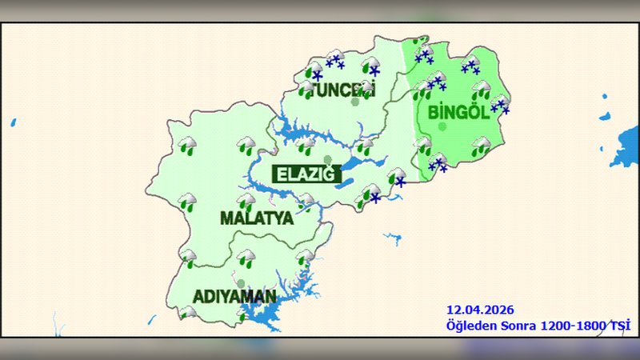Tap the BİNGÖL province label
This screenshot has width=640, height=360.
click(x=458, y=112)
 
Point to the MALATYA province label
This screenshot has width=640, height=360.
click(x=256, y=218)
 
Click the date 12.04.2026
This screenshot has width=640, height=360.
click(x=480, y=310)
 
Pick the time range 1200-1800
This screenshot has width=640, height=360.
click(x=574, y=325)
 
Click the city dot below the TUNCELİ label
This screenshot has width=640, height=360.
click(x=354, y=102)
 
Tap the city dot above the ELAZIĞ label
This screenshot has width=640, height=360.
click(x=327, y=159)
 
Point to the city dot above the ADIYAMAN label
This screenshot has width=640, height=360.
click(x=240, y=283)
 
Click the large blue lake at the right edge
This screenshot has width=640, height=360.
click(x=625, y=147)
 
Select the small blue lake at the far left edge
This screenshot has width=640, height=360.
click(x=13, y=123)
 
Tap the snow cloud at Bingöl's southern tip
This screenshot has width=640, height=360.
click(x=437, y=163)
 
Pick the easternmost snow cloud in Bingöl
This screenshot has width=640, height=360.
click(x=500, y=104)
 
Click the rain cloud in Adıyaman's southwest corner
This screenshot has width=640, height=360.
click(x=189, y=313)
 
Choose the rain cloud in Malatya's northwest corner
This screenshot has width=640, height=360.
click(x=187, y=146)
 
